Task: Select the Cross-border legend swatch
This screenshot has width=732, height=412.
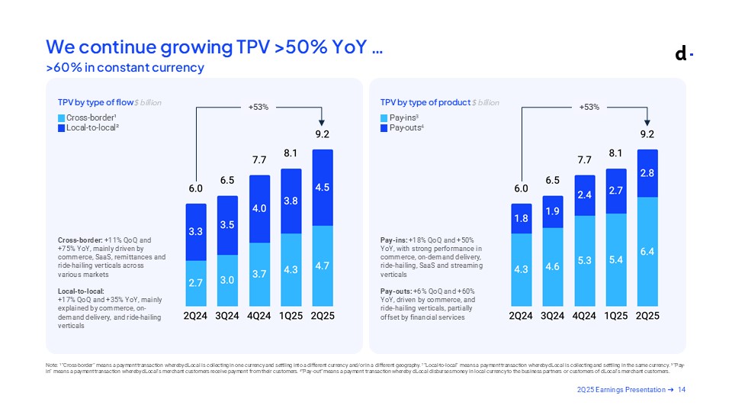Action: coord(62,117)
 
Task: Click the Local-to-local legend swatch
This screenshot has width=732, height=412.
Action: coord(62,127)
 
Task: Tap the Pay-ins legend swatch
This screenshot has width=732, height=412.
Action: coord(384,117)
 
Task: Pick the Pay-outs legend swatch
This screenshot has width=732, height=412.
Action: coord(384,127)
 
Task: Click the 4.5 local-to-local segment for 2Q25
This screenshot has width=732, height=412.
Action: coord(323,187)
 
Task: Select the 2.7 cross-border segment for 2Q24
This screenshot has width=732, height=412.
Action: coord(196,282)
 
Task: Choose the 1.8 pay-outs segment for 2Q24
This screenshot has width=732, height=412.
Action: coord(522,218)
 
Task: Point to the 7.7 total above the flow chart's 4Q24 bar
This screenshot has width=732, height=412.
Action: coord(260,160)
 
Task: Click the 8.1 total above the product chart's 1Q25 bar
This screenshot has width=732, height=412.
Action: coord(616,153)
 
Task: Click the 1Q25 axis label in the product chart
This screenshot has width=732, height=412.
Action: coord(616,314)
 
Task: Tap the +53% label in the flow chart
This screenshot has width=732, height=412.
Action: coord(258,107)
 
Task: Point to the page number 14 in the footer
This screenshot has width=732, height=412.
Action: coord(682,391)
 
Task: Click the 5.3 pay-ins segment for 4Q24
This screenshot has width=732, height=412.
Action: coord(585,259)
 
